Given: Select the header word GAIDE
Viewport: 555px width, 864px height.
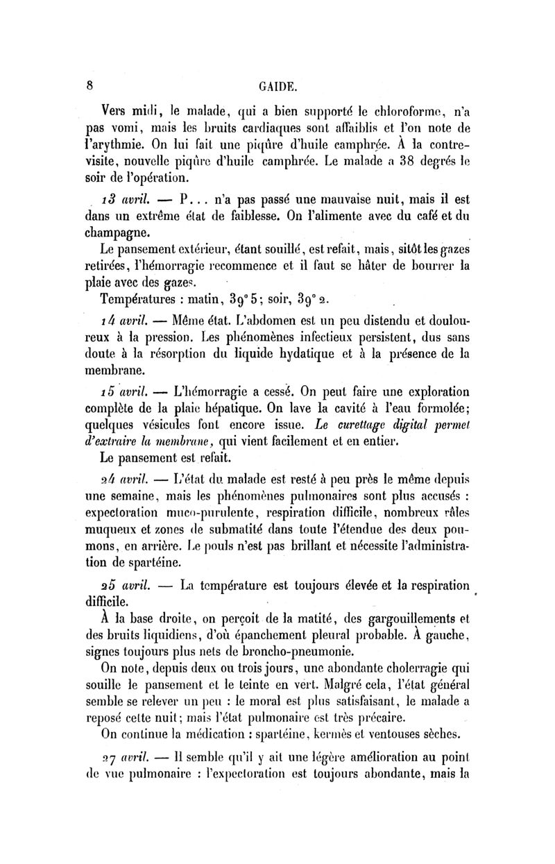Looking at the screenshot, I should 278,88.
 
